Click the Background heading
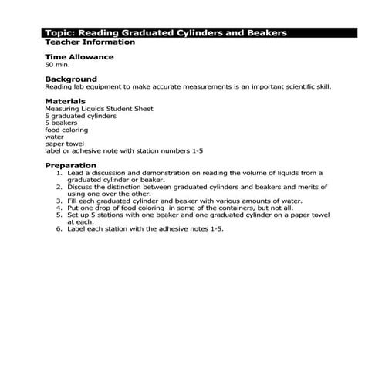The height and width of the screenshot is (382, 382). pyautogui.click(x=71, y=79)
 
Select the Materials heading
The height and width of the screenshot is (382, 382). pyautogui.click(x=65, y=100)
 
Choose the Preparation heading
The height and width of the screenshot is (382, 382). pyautogui.click(x=70, y=165)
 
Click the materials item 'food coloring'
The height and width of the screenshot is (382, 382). pyautogui.click(x=66, y=130)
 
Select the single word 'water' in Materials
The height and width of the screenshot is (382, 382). pyautogui.click(x=55, y=137)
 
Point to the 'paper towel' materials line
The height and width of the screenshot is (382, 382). pyautogui.click(x=64, y=144)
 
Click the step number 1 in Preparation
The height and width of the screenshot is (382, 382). pyautogui.click(x=59, y=173)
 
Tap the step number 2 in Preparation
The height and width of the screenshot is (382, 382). pyautogui.click(x=59, y=187)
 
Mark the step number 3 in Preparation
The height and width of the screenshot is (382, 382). pyautogui.click(x=59, y=201)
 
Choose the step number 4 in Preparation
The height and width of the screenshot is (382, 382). pyautogui.click(x=59, y=208)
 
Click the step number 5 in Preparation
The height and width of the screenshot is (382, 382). pyautogui.click(x=59, y=215)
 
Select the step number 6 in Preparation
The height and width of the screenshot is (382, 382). pyautogui.click(x=59, y=228)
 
